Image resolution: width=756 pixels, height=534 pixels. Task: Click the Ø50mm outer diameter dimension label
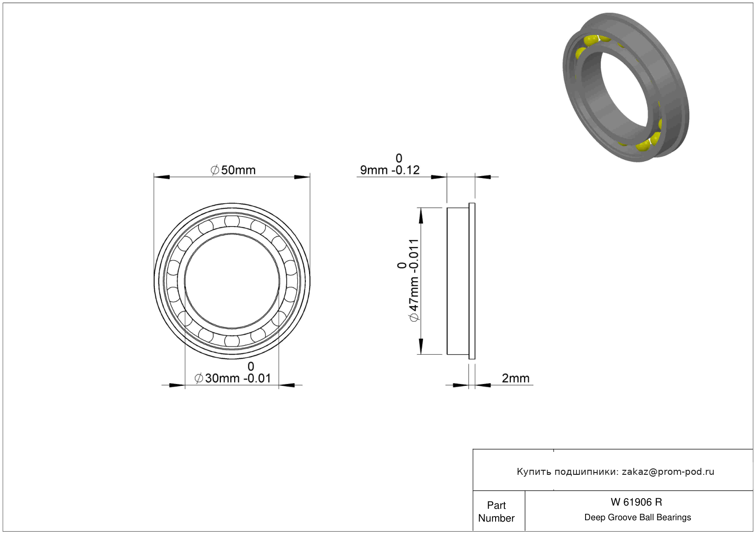[233, 170]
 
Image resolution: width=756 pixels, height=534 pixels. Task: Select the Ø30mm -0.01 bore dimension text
[233, 378]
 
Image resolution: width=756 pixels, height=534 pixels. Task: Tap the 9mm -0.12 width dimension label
[390, 170]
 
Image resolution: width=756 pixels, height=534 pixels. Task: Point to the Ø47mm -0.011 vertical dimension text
[414, 280]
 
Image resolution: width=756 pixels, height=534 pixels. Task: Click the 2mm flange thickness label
[515, 378]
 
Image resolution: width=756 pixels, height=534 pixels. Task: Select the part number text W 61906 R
[636, 502]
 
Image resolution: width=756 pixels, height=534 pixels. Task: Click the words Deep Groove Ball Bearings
[638, 517]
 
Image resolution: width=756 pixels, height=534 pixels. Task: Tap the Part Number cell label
[496, 512]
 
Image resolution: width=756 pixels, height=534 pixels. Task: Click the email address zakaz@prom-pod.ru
[668, 471]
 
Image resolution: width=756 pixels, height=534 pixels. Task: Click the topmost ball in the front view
[232, 221]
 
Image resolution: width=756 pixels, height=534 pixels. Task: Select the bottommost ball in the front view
[232, 341]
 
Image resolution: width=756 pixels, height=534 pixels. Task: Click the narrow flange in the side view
[472, 281]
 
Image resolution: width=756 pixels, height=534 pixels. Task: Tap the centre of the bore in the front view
[232, 281]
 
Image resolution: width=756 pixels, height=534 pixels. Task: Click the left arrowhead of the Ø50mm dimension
[162, 177]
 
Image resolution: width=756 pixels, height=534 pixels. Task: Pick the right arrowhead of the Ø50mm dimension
[302, 177]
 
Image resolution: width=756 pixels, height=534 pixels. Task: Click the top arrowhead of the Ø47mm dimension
[421, 216]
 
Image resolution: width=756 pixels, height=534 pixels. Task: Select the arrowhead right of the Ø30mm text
[287, 385]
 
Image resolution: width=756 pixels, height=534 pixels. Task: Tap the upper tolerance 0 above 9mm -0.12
[399, 158]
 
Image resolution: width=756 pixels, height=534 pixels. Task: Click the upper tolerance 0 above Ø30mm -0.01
[251, 367]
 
